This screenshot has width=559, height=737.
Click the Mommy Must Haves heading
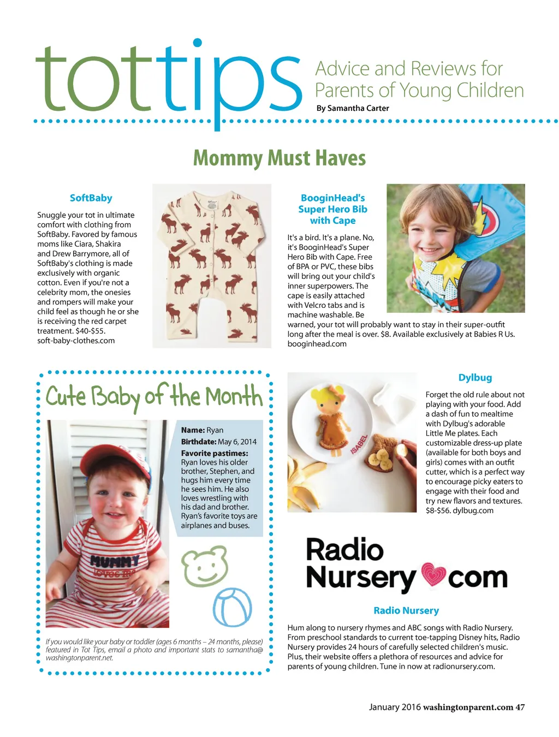click(x=279, y=158)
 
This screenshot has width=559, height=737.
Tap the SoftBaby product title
click(x=91, y=198)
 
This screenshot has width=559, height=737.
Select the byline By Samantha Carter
click(x=353, y=108)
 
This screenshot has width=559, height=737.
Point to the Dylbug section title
click(x=475, y=378)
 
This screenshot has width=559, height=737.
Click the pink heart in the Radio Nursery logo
click(x=432, y=576)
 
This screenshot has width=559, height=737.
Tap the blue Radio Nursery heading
click(x=406, y=610)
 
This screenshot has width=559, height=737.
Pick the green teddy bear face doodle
click(x=205, y=568)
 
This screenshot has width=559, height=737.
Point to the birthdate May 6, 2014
click(x=237, y=442)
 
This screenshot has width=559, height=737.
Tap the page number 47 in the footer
click(x=520, y=707)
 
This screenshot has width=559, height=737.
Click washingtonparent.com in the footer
click(x=468, y=707)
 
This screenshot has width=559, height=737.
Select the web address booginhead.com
click(x=317, y=344)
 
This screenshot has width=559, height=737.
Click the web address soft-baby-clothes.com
click(x=76, y=341)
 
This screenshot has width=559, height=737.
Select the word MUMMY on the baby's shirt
click(x=114, y=561)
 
